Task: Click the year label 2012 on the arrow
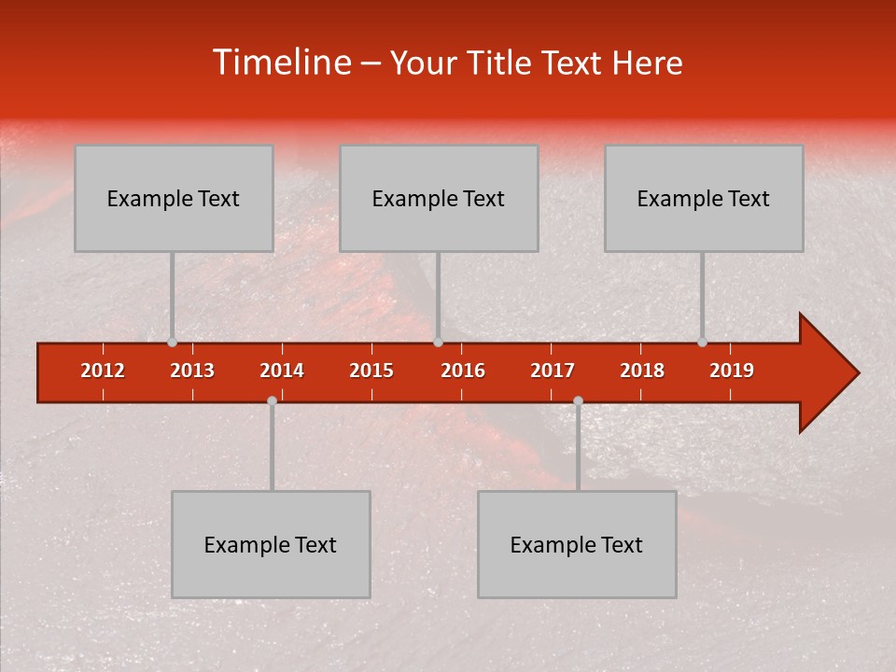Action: coord(103,371)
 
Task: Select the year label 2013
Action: coord(192,371)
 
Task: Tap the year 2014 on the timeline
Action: coord(282,371)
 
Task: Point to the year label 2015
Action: coord(371,371)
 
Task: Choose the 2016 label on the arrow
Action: coord(463,371)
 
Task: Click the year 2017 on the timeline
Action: coord(553,371)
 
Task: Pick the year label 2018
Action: coord(642,371)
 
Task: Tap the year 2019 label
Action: coord(732,371)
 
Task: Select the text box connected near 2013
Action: coord(174,198)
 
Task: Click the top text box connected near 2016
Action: coord(439,198)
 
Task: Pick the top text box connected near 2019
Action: coord(704,198)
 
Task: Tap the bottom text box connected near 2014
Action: coord(271,544)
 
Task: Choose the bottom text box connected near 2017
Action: coord(577,544)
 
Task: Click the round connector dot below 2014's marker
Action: coord(272,400)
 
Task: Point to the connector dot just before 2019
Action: coord(703,343)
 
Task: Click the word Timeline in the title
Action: coord(280,63)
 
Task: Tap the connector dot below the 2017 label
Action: coord(578,400)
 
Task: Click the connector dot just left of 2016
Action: coord(438,343)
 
